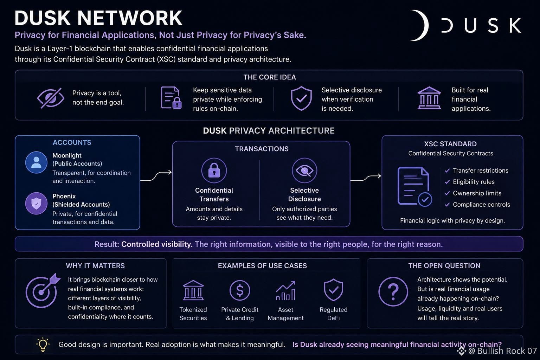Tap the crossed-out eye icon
pyautogui.click(x=51, y=98)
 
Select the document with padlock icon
pyautogui.click(x=171, y=97)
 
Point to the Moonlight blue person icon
pyautogui.click(x=36, y=162)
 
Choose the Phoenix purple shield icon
pyautogui.click(x=36, y=203)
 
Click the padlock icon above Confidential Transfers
pyautogui.click(x=214, y=171)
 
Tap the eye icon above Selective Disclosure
pyautogui.click(x=304, y=171)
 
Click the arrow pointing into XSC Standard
pyautogui.click(x=366, y=178)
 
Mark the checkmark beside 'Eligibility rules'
pyautogui.click(x=447, y=182)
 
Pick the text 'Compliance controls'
pyautogui.click(x=481, y=205)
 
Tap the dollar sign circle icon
pyautogui.click(x=240, y=290)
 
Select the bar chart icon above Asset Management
pyautogui.click(x=286, y=290)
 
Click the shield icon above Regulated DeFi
pyautogui.click(x=333, y=290)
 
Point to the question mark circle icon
pyautogui.click(x=393, y=291)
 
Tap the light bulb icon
pyautogui.click(x=43, y=344)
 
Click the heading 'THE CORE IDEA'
pyautogui.click(x=270, y=77)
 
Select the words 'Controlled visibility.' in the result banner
pyautogui.click(x=157, y=244)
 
